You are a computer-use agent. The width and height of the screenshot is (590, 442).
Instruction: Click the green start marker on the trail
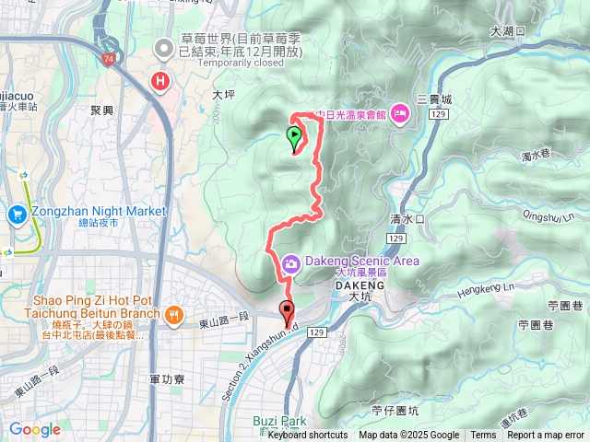click(x=294, y=139)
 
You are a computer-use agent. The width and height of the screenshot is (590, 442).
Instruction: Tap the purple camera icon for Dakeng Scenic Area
click(x=291, y=264)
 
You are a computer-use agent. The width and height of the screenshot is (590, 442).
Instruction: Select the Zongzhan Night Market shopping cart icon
click(x=17, y=215)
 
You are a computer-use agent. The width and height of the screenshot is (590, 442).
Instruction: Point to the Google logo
click(x=35, y=429)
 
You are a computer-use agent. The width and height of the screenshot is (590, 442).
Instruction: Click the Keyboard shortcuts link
click(x=308, y=436)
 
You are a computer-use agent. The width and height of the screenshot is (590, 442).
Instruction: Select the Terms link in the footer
click(x=483, y=436)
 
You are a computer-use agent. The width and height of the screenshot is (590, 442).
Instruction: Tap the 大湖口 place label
click(x=507, y=30)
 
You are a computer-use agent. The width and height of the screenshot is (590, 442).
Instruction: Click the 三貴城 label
click(x=434, y=99)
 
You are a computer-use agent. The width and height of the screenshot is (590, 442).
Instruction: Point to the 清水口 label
click(x=407, y=220)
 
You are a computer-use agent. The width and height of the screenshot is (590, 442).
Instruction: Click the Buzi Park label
click(x=278, y=421)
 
